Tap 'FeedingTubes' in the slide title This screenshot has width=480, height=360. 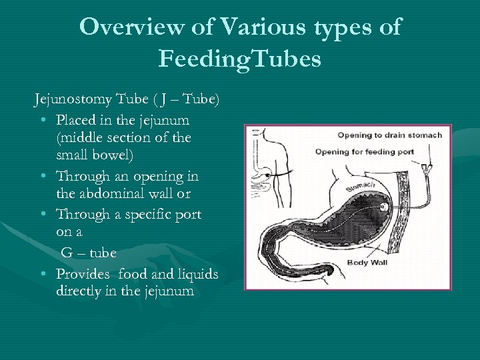pos(240,59)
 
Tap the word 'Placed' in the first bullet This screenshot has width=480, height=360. pos(77,121)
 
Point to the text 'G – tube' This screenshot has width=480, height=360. pos(89,253)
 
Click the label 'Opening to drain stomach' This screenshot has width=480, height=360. pos(389,135)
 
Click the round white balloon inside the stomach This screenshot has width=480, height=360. pos(385,209)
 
